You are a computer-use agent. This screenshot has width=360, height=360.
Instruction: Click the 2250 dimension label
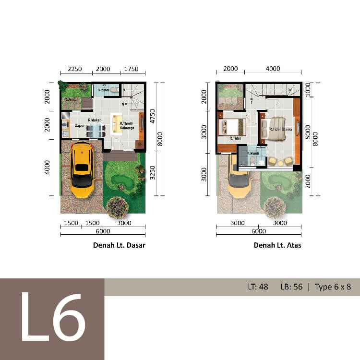[x=75, y=69]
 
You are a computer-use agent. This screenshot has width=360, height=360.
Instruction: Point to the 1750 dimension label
[x=131, y=69]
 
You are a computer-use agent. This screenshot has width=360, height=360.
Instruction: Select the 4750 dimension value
[x=153, y=117]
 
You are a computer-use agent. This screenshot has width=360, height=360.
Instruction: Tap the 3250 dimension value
[x=153, y=173]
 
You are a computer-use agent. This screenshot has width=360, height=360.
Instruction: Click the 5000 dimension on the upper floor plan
[x=308, y=131]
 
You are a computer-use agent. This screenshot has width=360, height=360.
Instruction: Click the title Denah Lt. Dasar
[x=119, y=245]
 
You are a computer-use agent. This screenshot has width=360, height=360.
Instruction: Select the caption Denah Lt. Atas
[x=277, y=245]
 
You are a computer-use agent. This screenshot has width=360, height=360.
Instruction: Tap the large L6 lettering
[x=52, y=319]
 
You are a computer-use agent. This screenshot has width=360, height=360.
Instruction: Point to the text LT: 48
[x=258, y=287]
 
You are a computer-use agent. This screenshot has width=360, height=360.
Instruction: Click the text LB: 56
[x=291, y=287]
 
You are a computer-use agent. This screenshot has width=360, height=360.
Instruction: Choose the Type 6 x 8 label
[x=333, y=287]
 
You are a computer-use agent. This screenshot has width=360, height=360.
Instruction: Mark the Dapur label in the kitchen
[x=79, y=126]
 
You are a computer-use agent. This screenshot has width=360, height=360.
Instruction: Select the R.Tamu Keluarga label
[x=126, y=126]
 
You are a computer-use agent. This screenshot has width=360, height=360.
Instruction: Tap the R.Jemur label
[x=71, y=99]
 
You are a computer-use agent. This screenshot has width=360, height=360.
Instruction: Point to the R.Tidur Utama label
[x=281, y=129]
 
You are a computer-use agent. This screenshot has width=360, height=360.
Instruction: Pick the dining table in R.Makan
[x=96, y=129]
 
